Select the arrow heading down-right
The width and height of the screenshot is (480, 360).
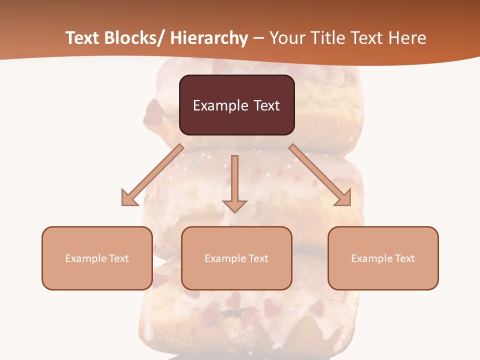pyautogui.click(x=320, y=175)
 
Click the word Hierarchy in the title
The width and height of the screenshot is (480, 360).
pyautogui.click(x=209, y=38)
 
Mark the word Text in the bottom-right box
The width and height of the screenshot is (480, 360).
pyautogui.click(x=404, y=258)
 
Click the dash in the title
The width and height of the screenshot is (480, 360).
pyautogui.click(x=258, y=38)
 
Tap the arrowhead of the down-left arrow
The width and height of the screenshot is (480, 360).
pyautogui.click(x=129, y=198)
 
